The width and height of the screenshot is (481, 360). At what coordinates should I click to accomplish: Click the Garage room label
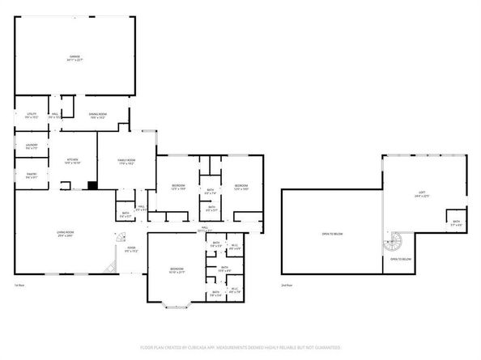74,57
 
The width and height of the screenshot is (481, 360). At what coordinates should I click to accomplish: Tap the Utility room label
32,115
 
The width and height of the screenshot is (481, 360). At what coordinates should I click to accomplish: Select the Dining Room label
98,115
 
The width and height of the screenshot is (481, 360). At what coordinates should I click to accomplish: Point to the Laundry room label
31,146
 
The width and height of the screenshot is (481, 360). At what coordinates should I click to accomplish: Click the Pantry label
31,176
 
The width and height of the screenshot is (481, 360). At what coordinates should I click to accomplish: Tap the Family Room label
126,162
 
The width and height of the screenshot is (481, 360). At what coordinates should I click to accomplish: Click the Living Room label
65,235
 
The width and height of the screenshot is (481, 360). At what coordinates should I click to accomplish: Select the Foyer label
130,249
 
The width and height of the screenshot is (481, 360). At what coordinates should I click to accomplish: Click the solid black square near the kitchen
92,185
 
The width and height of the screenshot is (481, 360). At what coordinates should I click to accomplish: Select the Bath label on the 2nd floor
456,222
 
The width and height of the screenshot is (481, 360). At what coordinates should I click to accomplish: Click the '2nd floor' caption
285,286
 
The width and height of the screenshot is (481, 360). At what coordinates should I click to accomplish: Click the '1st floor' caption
19,286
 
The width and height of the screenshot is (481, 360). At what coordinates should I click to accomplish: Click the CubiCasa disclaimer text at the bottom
240,347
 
